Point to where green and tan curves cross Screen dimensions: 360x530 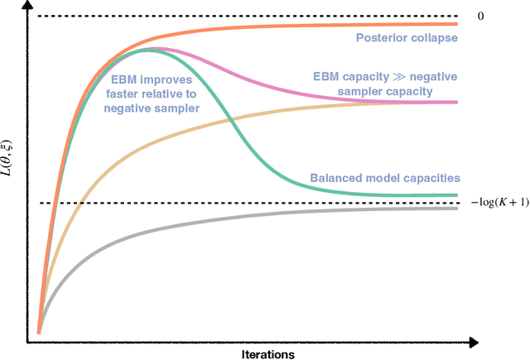230,122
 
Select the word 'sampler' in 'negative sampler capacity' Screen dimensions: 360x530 383,90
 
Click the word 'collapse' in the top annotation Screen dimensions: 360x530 435,38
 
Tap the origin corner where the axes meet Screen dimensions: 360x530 28,341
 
